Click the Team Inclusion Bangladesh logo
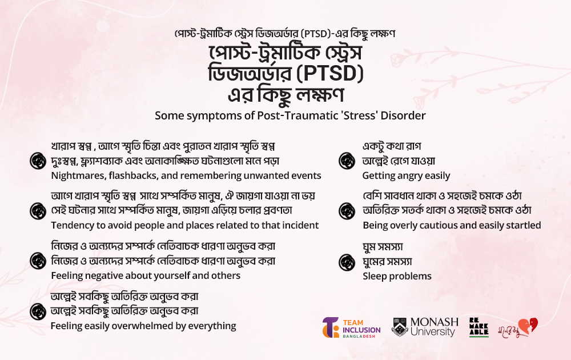pyautogui.click(x=351, y=327)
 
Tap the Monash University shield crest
pyautogui.click(x=400, y=326)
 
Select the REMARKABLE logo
pyautogui.click(x=478, y=327)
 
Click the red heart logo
pyautogui.click(x=528, y=325)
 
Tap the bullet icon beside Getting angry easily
pyautogui.click(x=347, y=161)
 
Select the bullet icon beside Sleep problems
pyautogui.click(x=347, y=262)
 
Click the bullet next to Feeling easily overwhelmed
pyautogui.click(x=38, y=311)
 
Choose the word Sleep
pyautogui.click(x=374, y=277)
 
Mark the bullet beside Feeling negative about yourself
pyautogui.click(x=38, y=261)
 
